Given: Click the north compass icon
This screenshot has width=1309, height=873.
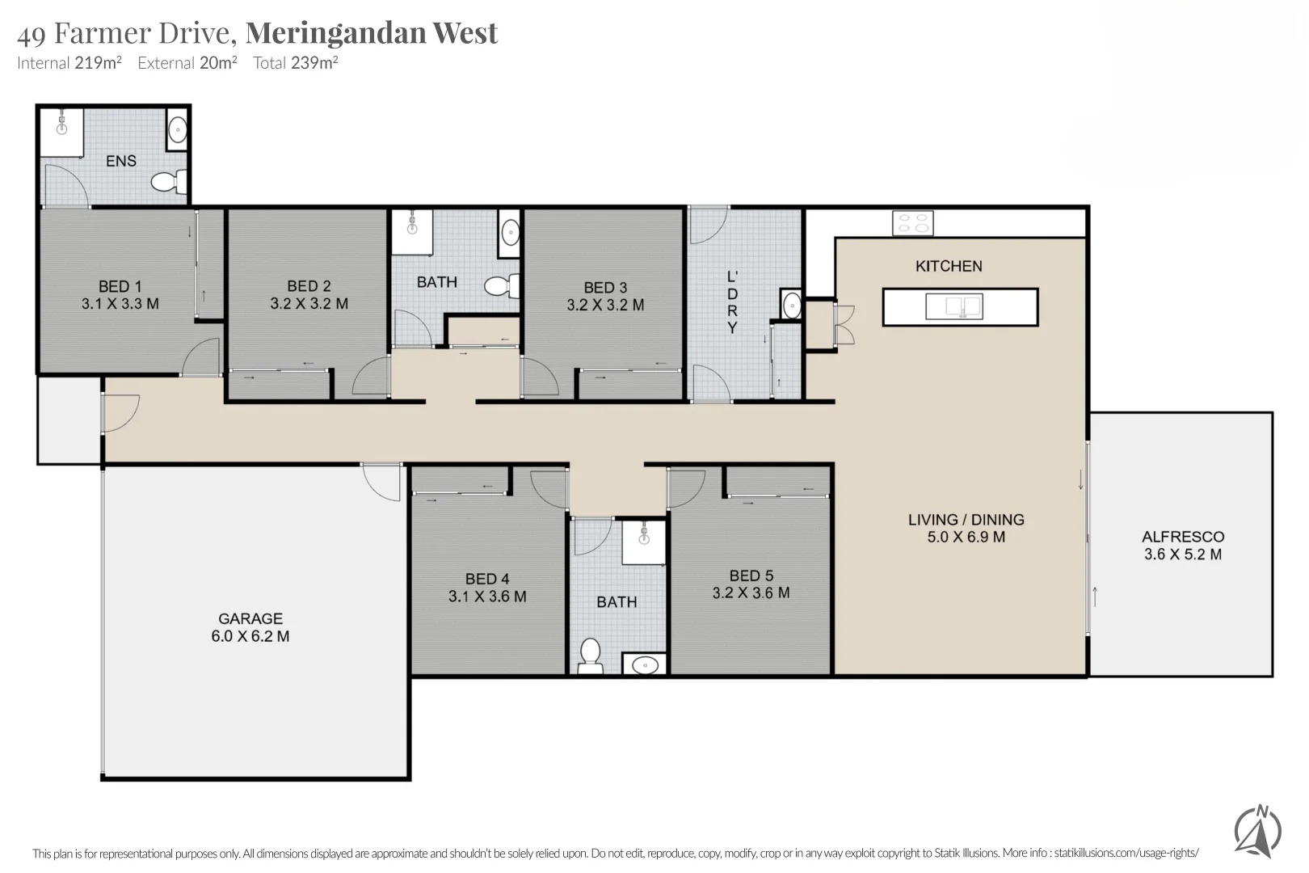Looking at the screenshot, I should pyautogui.click(x=1257, y=832).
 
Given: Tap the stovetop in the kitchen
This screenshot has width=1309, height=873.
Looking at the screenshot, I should pyautogui.click(x=912, y=223).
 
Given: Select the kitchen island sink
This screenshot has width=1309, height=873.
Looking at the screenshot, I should pyautogui.click(x=954, y=306).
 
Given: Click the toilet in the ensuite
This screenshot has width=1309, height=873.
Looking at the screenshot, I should pyautogui.click(x=168, y=182).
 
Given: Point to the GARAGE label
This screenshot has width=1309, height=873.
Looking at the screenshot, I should pyautogui.click(x=250, y=618).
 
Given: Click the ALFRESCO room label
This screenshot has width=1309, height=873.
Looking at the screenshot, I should pyautogui.click(x=1182, y=537).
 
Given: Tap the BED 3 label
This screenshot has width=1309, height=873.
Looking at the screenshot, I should pyautogui.click(x=605, y=288).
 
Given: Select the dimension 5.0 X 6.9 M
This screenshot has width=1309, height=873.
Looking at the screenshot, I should pyautogui.click(x=966, y=538).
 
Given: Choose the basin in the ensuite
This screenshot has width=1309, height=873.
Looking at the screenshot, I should pyautogui.click(x=177, y=130).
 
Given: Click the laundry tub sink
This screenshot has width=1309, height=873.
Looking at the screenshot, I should pyautogui.click(x=791, y=306).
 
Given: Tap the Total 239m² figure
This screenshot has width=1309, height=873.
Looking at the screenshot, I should pyautogui.click(x=295, y=63).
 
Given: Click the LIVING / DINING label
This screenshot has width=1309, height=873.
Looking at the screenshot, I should pyautogui.click(x=966, y=520).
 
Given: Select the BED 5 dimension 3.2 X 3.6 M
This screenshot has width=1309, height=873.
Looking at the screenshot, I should pyautogui.click(x=751, y=593).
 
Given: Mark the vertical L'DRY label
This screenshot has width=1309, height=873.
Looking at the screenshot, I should pyautogui.click(x=732, y=302).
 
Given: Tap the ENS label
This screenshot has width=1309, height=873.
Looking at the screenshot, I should pyautogui.click(x=121, y=161).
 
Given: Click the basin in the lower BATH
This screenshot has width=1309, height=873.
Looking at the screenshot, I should pyautogui.click(x=645, y=665).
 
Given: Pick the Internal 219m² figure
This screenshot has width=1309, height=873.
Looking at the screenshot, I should pyautogui.click(x=69, y=63).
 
